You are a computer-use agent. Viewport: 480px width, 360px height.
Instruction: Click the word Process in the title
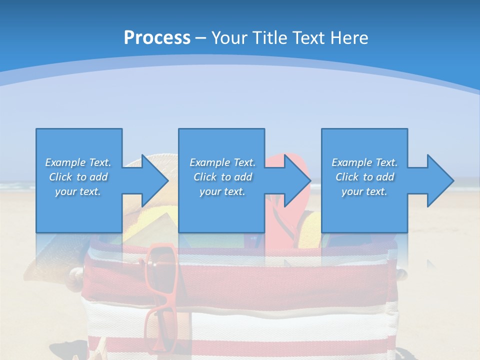coord(157,38)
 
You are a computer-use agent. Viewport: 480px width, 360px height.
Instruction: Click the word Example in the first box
coord(65,162)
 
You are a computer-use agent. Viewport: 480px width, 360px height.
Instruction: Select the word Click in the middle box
coord(205,177)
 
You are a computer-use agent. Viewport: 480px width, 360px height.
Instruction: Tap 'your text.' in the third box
coord(364,191)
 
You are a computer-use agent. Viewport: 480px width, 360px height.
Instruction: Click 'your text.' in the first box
coord(78,191)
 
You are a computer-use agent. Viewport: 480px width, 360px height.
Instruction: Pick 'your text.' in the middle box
coord(222,191)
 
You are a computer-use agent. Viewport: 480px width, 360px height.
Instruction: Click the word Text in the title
coord(310,38)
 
